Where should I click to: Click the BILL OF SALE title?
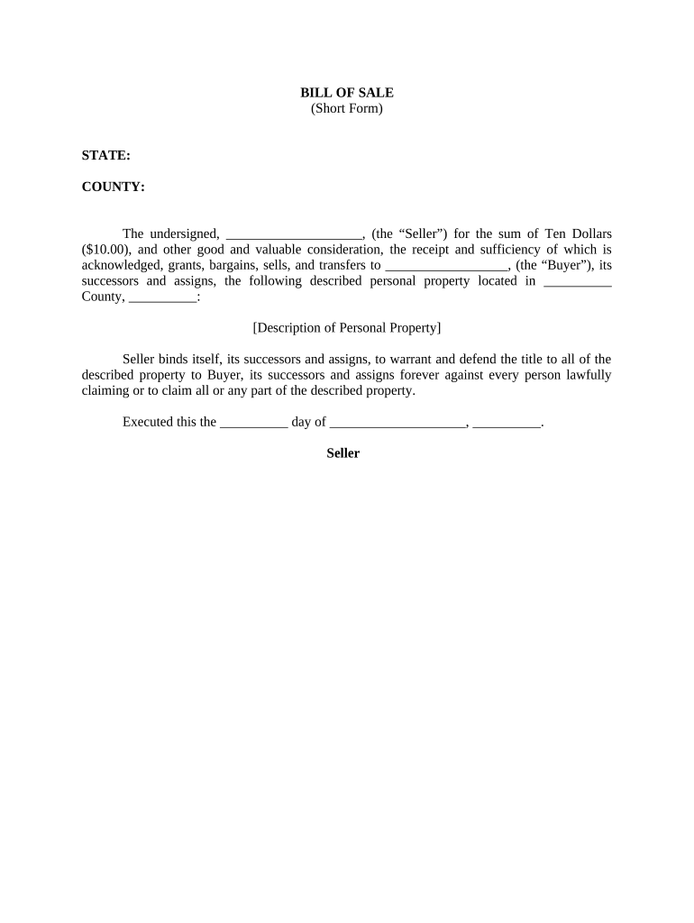(x=346, y=93)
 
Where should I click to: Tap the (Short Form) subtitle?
(x=346, y=109)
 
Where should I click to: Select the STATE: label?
(x=105, y=156)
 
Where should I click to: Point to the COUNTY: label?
(x=113, y=187)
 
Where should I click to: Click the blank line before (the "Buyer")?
(x=446, y=266)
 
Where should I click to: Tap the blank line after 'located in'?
(x=579, y=281)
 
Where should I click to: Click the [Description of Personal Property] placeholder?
(x=346, y=327)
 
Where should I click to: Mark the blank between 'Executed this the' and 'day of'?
(x=253, y=422)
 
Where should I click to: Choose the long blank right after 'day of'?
(x=397, y=422)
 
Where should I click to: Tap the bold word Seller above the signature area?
(x=342, y=453)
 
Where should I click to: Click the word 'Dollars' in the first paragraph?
(x=589, y=234)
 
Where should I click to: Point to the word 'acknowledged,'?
(x=121, y=265)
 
